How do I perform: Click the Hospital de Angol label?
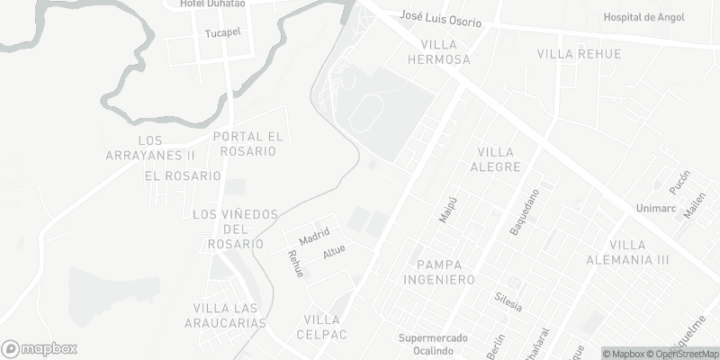[643, 17]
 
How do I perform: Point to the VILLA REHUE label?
[579, 54]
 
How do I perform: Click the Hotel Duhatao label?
[213, 4]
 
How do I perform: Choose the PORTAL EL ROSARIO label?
[248, 144]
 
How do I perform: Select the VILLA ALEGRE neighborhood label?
[500, 159]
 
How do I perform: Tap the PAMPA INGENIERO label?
[445, 272]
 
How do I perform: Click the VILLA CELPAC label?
[322, 327]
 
